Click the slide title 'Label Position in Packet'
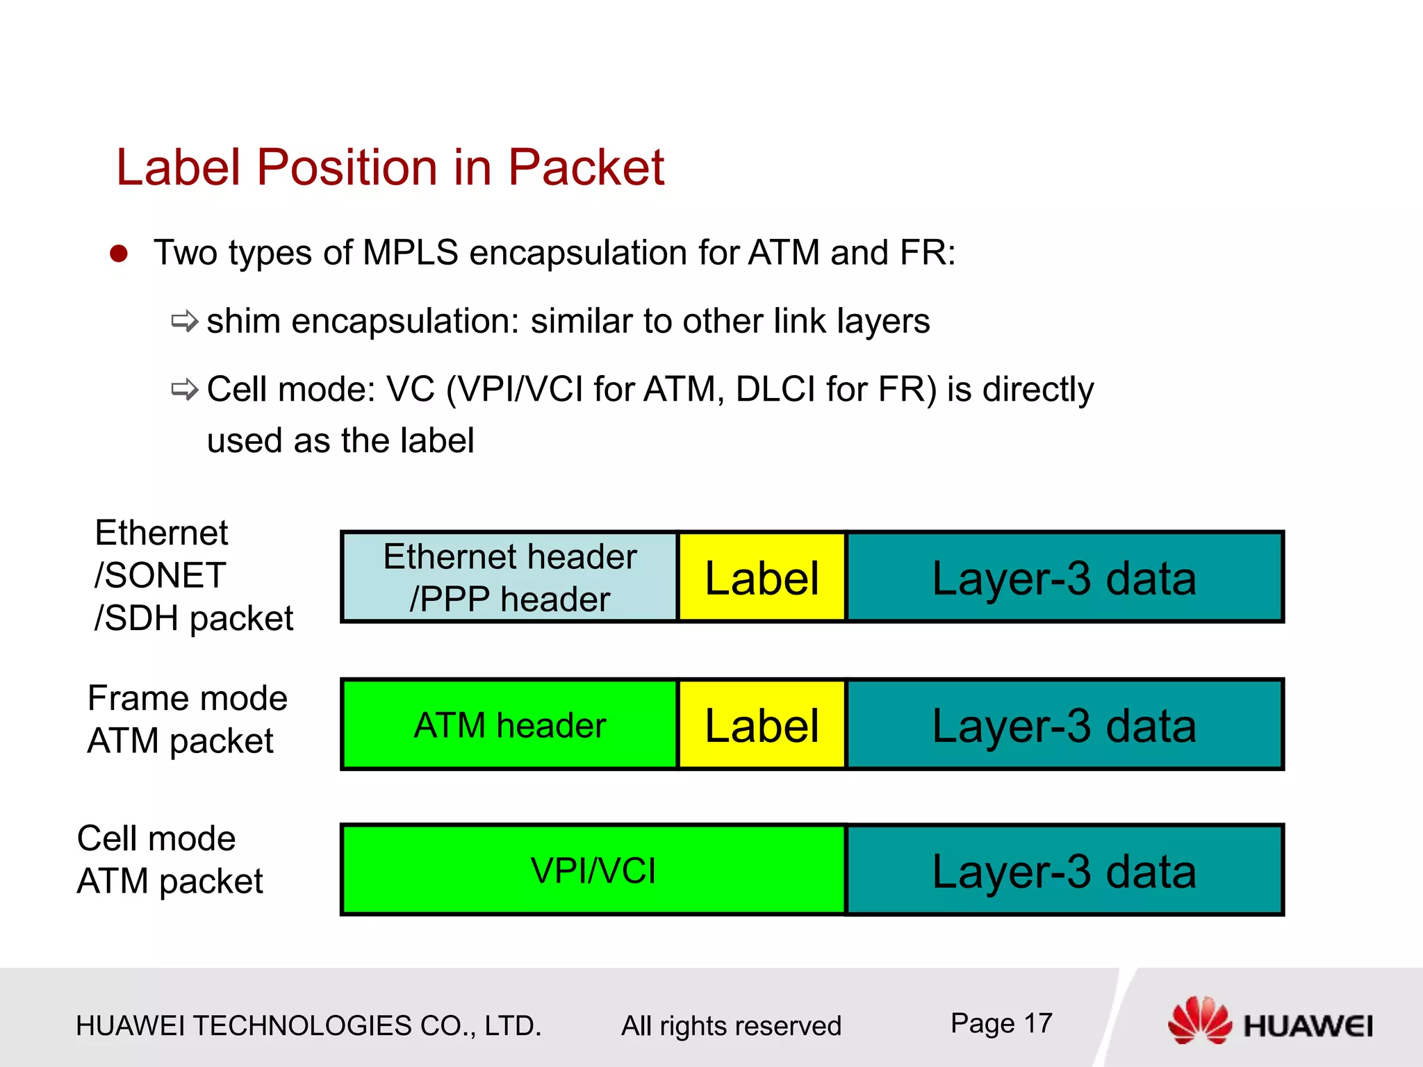click(390, 167)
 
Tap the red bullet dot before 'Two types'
click(119, 254)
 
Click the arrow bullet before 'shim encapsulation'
click(185, 321)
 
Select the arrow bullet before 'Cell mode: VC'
click(185, 389)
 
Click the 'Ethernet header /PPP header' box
click(509, 577)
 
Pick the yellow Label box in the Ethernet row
click(762, 577)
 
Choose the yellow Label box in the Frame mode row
click(762, 725)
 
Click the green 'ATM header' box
click(509, 725)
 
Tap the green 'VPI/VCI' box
click(593, 870)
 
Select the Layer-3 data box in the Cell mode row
click(1064, 870)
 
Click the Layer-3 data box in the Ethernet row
click(1064, 577)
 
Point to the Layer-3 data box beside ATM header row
click(1064, 725)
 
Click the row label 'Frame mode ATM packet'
click(186, 719)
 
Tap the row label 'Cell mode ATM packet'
click(169, 859)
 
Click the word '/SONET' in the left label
click(160, 575)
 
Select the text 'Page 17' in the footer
click(1001, 1023)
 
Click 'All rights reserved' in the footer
click(731, 1026)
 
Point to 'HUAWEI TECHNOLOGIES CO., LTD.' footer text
click(308, 1026)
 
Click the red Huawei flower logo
click(1200, 1020)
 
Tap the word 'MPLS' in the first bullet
click(410, 252)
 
